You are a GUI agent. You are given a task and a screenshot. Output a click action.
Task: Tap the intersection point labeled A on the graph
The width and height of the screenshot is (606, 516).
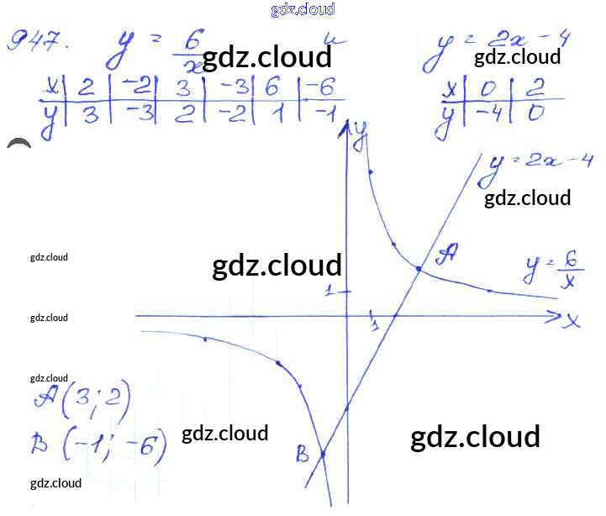(419, 268)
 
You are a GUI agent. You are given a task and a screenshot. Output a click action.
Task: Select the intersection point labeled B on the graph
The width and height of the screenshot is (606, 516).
(323, 455)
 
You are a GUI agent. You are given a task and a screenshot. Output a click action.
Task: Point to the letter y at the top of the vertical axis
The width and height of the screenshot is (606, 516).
(361, 134)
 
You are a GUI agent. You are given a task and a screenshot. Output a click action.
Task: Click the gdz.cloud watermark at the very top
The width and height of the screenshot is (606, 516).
(303, 9)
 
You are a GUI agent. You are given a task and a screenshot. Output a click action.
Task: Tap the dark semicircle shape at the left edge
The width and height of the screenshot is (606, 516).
(18, 144)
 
